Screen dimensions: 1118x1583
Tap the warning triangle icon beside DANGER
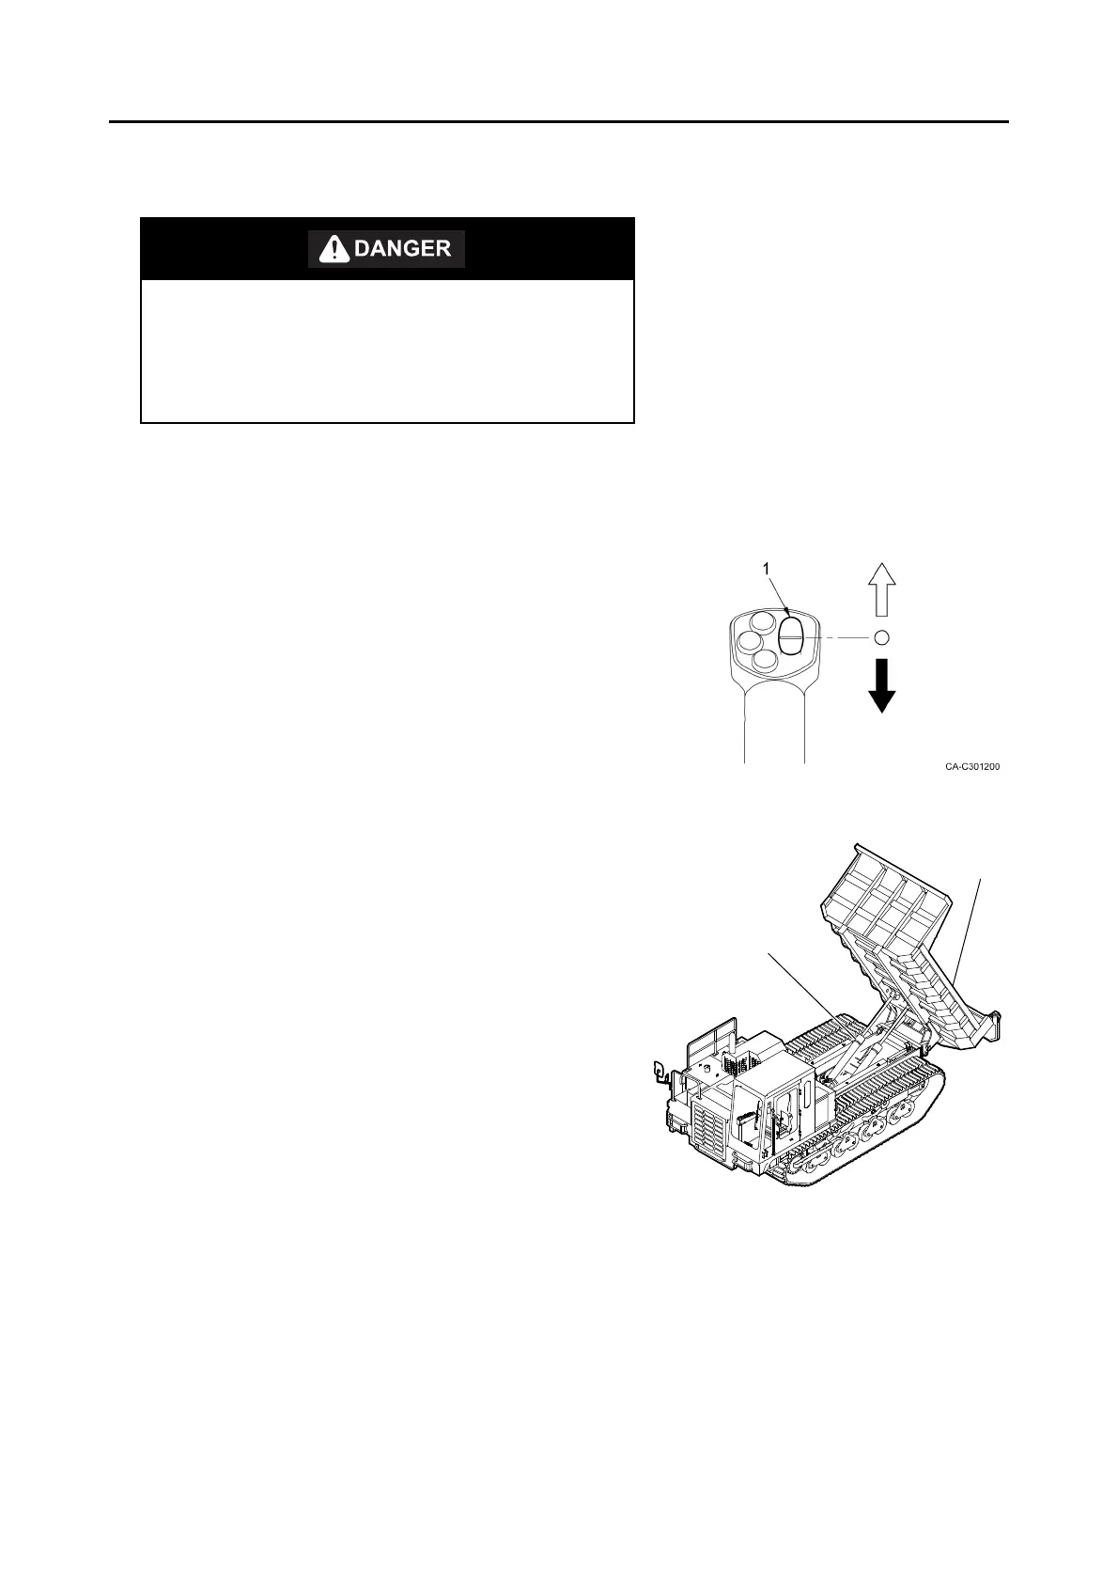click(332, 249)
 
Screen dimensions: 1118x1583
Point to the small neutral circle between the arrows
click(881, 637)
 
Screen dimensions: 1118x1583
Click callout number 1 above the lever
click(767, 569)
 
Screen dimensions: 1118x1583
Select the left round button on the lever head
click(750, 642)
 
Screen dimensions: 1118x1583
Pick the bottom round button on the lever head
click(767, 661)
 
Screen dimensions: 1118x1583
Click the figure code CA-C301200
click(972, 767)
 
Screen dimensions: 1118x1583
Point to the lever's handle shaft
click(775, 724)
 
